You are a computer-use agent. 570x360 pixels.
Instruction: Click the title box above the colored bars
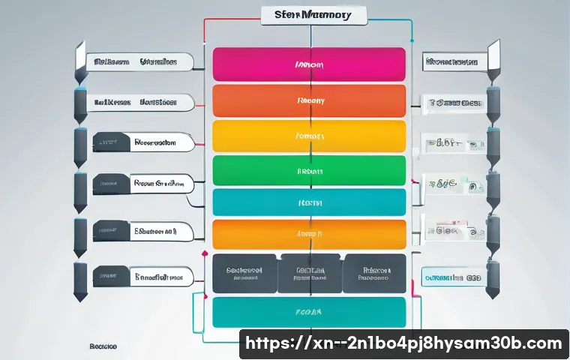coord(313,14)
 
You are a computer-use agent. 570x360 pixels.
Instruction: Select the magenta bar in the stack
coord(309,64)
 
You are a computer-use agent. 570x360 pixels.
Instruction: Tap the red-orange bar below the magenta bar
coord(309,100)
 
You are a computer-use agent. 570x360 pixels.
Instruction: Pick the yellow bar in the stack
coord(309,136)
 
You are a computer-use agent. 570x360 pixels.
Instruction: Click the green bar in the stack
coord(309,171)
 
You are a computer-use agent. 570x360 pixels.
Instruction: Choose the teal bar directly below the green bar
coord(309,202)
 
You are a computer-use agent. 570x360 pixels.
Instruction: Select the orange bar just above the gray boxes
coord(309,234)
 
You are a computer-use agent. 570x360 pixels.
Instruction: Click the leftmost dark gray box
coord(244,272)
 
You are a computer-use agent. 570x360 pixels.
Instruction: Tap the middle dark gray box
coord(309,272)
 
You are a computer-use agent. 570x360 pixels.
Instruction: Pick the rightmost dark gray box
coord(374,272)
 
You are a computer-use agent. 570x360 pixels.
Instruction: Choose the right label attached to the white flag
coord(451,62)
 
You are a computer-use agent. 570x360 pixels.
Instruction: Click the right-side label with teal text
coord(451,277)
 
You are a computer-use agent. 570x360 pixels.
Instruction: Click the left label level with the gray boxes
coord(142,277)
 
